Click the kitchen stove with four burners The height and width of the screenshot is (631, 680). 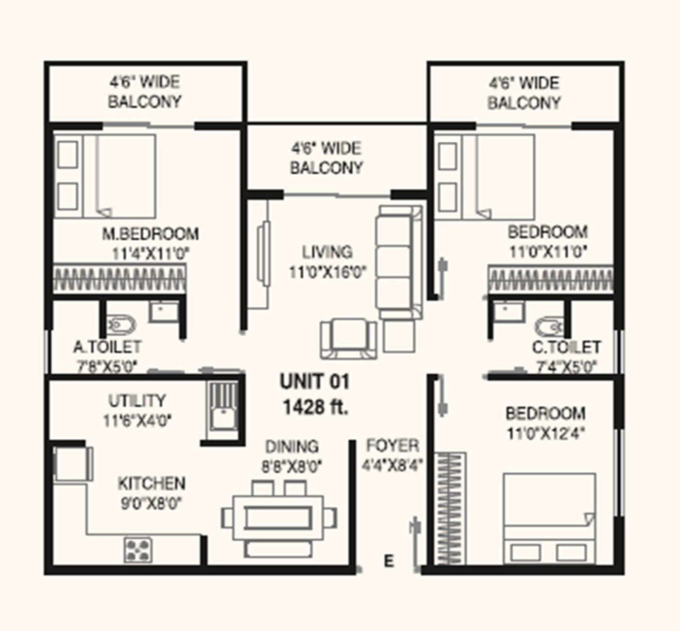click(138, 550)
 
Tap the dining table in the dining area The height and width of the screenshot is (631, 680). click(278, 517)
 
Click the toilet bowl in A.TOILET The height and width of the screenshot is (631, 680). click(120, 325)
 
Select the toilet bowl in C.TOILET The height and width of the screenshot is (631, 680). click(549, 327)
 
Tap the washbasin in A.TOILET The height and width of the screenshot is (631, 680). click(164, 311)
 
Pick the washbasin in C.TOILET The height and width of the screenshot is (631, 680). click(508, 311)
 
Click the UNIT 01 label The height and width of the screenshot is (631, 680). click(315, 382)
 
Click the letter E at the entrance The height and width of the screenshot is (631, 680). click(389, 561)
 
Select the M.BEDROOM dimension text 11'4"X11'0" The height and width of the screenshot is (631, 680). click(150, 253)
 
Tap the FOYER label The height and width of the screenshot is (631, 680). click(392, 445)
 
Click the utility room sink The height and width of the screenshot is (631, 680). click(223, 412)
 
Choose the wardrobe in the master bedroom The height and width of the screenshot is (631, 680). click(119, 279)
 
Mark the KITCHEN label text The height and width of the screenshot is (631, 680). click(152, 483)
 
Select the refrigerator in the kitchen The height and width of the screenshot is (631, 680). click(71, 464)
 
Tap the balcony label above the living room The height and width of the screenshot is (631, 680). click(326, 158)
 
